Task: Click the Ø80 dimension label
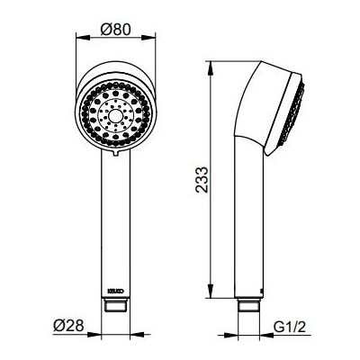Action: click(x=116, y=30)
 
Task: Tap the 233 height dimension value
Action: click(x=202, y=180)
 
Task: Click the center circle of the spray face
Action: click(x=114, y=115)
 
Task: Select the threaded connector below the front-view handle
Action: click(x=116, y=304)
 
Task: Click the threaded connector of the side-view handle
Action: click(x=248, y=304)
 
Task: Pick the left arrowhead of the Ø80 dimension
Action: click(x=83, y=38)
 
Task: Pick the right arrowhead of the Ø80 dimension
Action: click(x=148, y=38)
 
